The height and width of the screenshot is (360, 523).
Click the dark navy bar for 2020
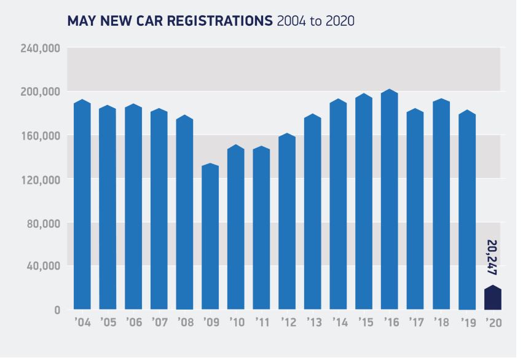coord(492,299)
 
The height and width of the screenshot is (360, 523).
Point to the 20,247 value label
coord(492,257)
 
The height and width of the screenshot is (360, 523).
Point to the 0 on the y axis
coord(57,310)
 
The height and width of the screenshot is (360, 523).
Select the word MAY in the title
coord(82,22)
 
